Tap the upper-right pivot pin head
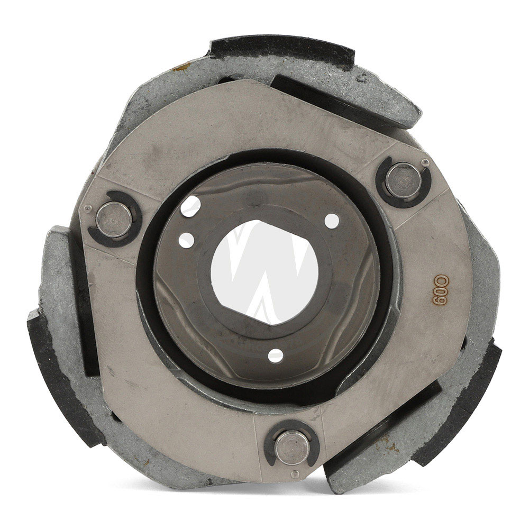(x=404, y=180)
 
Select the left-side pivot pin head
(x=113, y=220)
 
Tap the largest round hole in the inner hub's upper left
(x=190, y=206)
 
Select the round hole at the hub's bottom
(x=276, y=356)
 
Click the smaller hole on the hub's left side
(x=186, y=240)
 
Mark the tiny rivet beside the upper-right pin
(x=426, y=162)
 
